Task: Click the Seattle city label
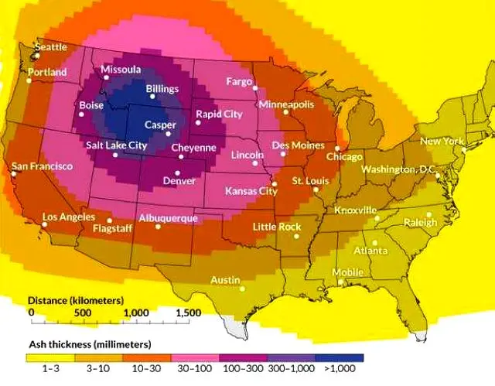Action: point(52,47)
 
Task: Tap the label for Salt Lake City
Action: point(116,145)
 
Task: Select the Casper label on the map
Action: point(161,125)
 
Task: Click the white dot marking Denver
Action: point(178,173)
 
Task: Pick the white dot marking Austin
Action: point(242,289)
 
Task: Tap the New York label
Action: point(442,142)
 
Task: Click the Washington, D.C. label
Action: point(398,169)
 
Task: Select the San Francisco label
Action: point(42,166)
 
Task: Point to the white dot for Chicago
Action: point(337,148)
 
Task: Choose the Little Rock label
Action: point(277,227)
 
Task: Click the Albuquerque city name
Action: point(168,218)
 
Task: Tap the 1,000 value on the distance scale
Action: point(136,313)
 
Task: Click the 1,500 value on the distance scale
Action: point(188,313)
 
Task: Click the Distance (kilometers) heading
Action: point(75,299)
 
